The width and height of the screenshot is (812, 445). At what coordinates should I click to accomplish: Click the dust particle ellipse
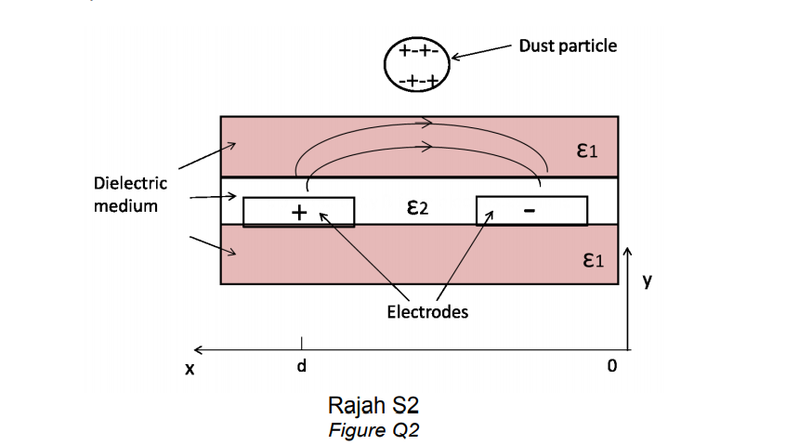417,65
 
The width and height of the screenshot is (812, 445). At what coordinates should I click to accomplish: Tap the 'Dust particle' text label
568,45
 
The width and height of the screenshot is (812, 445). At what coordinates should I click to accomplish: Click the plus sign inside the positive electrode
298,213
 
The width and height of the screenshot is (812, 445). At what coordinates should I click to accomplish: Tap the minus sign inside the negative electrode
529,212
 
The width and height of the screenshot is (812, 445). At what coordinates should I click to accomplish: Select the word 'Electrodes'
427,312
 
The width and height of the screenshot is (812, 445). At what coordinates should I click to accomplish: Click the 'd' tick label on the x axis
300,366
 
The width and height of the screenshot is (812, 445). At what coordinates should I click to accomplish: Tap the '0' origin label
611,366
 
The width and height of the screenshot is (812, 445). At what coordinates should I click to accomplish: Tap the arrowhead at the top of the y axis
630,252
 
